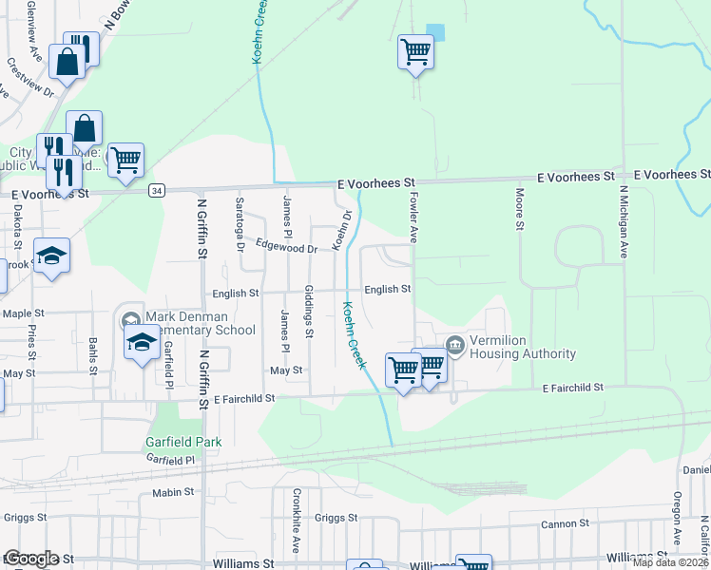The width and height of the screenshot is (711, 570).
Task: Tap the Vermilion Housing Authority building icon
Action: point(455,343)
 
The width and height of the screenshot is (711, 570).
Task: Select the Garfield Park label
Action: point(183,442)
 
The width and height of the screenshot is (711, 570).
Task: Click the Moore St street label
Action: point(520,209)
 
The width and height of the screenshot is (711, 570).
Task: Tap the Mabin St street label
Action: point(172,493)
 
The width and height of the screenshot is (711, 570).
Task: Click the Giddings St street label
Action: point(309,311)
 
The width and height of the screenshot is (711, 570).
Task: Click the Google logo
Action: point(31,559)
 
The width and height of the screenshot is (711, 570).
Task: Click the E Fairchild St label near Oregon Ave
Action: point(573,389)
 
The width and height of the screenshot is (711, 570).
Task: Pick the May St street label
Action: point(285,370)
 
